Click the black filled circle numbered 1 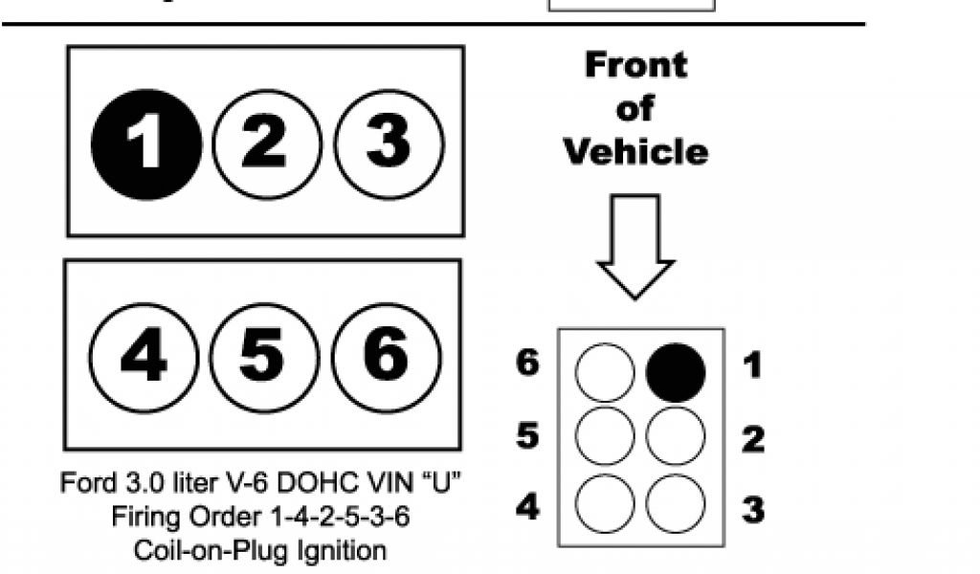pos(145,144)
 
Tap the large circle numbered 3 pos(387,144)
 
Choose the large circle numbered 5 pos(262,356)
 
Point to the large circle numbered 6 pos(385,356)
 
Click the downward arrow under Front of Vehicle pos(635,246)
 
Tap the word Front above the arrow pos(635,65)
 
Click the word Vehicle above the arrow pos(635,151)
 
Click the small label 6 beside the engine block pos(527,364)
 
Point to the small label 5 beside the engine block pos(527,436)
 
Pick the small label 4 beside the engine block pos(527,506)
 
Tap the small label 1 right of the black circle pos(753,366)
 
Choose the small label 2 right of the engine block pos(753,438)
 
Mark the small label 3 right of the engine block pos(753,509)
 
